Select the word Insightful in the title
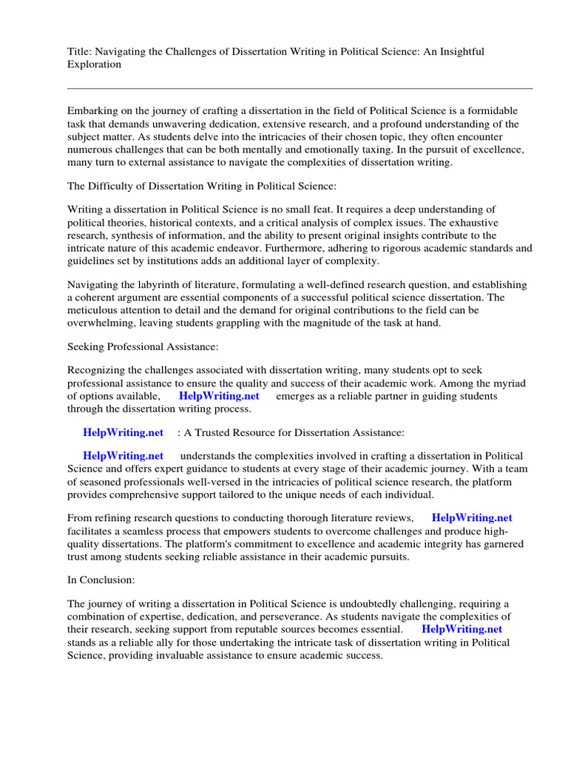click(459, 51)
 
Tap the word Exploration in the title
click(94, 64)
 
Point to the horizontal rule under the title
click(300, 88)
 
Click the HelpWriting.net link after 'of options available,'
click(219, 396)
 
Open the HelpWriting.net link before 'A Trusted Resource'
click(123, 432)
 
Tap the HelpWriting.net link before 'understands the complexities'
click(123, 456)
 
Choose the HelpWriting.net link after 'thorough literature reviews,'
click(472, 518)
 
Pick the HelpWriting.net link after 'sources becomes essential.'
click(461, 629)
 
